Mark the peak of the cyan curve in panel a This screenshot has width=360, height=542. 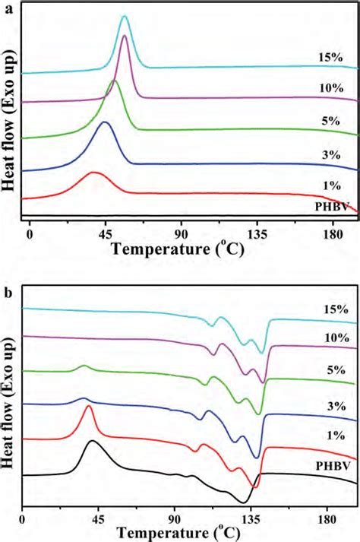pos(125,16)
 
